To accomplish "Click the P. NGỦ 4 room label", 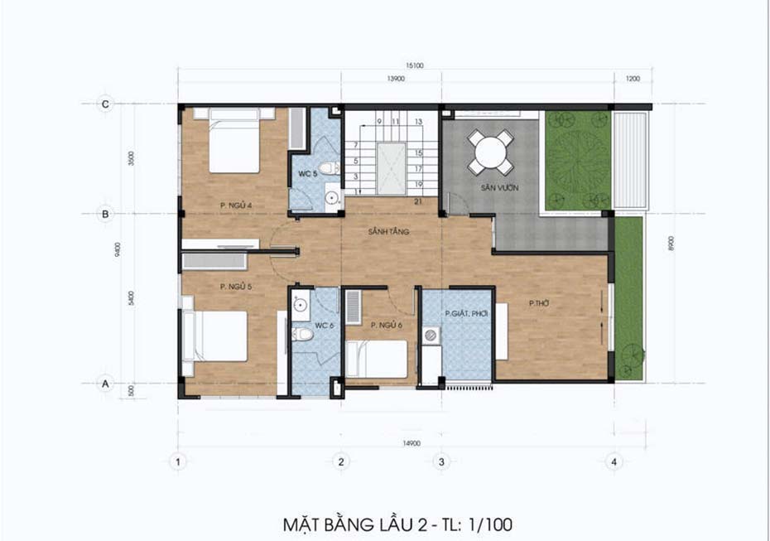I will pyautogui.click(x=236, y=205).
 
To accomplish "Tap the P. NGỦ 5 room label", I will pyautogui.click(x=236, y=287).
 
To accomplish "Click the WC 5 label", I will pyautogui.click(x=308, y=174).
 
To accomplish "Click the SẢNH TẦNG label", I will pyautogui.click(x=389, y=232).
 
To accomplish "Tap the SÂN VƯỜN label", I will pyautogui.click(x=500, y=189).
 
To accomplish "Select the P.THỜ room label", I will pyautogui.click(x=540, y=304).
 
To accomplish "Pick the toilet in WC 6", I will pyautogui.click(x=303, y=335).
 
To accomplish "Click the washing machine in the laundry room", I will pyautogui.click(x=431, y=336).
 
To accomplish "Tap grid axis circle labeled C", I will pyautogui.click(x=105, y=104).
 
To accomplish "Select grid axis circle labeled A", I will pyautogui.click(x=105, y=384).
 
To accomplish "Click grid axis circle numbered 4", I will pyautogui.click(x=613, y=461).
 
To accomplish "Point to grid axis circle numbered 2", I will pyautogui.click(x=339, y=461).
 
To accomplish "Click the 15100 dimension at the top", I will pyautogui.click(x=414, y=66).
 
